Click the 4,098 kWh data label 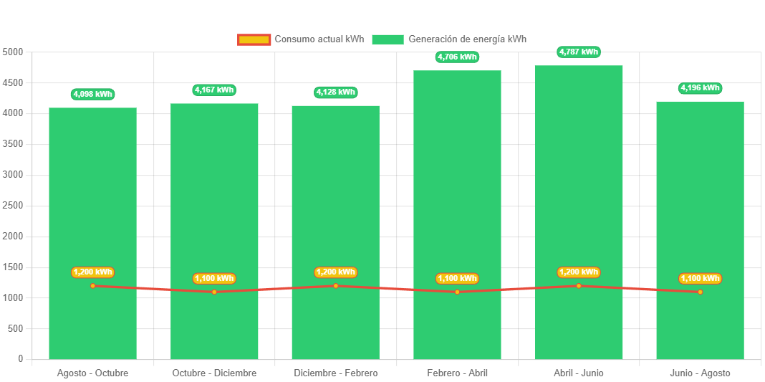tap(92, 94)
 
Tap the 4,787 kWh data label tap(579, 52)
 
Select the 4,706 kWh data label tap(457, 57)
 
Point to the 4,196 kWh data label tap(700, 87)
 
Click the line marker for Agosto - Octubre tap(92, 286)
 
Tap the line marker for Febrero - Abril tap(457, 292)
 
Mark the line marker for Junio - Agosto tap(700, 292)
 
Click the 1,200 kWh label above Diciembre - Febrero tap(335, 272)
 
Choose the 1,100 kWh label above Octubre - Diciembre tap(214, 278)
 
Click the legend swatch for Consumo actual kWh tap(254, 39)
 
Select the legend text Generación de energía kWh tap(467, 39)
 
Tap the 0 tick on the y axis tap(21, 358)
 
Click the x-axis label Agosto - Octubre tap(92, 373)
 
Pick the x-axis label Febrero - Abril tap(457, 373)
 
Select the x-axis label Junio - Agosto tap(700, 373)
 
